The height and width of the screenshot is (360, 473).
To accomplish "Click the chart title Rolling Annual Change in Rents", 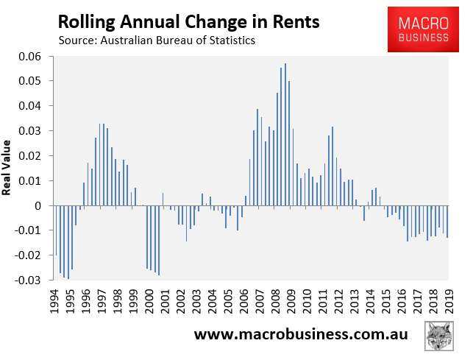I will (x=188, y=21).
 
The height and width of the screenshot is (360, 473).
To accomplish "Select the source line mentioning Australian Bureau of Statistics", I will (x=157, y=40).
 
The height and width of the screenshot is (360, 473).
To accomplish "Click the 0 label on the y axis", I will (x=44, y=205).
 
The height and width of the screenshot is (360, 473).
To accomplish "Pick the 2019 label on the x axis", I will (x=448, y=300).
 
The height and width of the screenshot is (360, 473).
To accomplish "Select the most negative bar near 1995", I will (x=68, y=242).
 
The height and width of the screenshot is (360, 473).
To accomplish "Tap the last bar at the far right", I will (x=447, y=222).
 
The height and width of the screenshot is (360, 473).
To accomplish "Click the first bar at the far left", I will (x=56, y=230).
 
